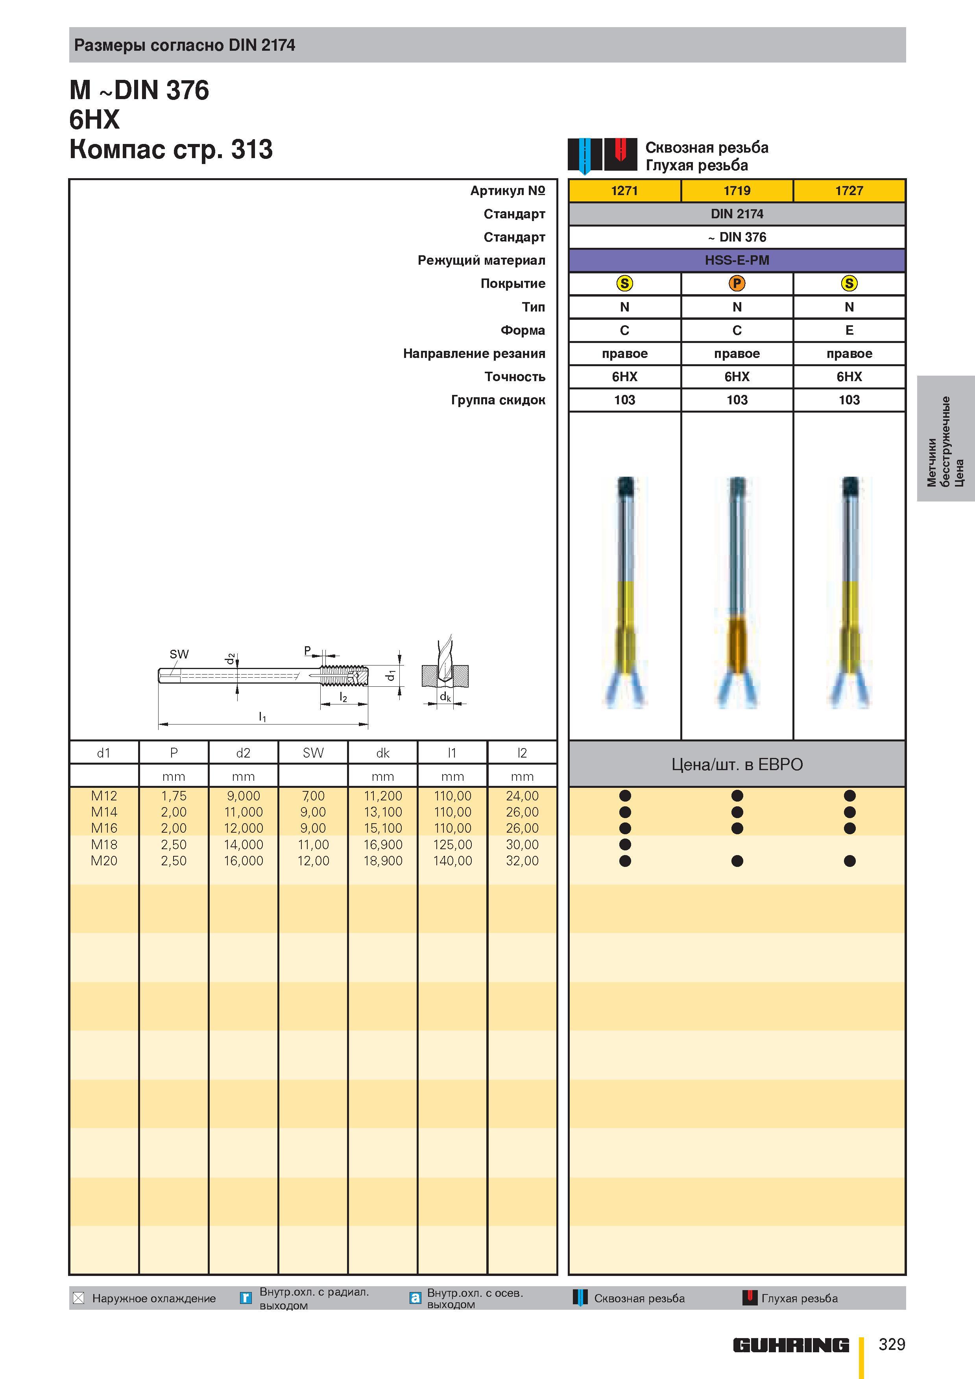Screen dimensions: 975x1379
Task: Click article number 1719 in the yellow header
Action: click(x=737, y=190)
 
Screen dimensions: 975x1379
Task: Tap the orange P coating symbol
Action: click(x=737, y=284)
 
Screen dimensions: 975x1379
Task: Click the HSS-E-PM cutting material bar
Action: click(x=737, y=260)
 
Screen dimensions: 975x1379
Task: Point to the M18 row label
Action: click(x=104, y=844)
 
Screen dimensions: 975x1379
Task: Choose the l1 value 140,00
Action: click(x=452, y=861)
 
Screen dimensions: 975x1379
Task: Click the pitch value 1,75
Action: click(x=174, y=796)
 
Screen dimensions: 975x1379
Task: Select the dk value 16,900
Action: click(x=383, y=844)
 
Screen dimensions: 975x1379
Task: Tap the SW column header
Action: click(x=313, y=752)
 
